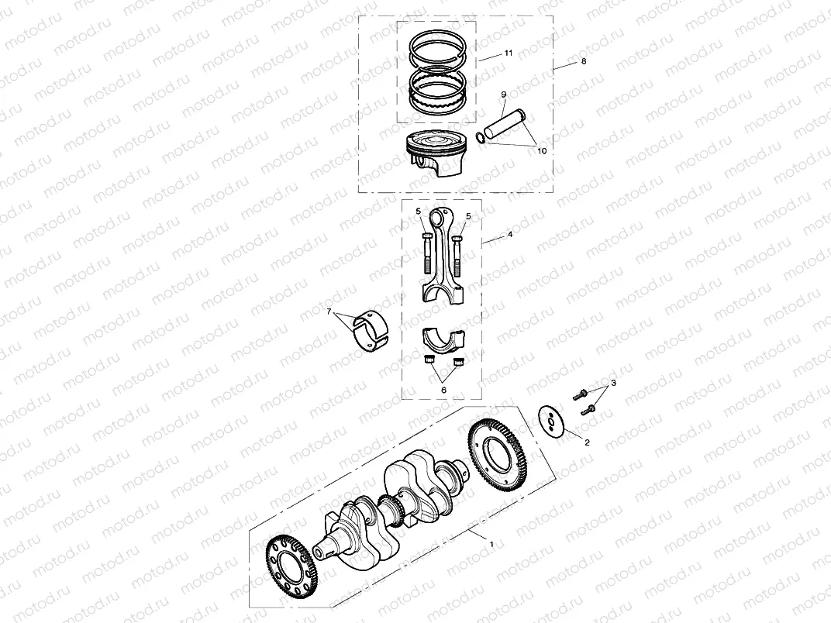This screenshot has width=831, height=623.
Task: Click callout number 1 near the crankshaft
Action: tap(491, 545)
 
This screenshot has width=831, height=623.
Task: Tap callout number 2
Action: tap(587, 442)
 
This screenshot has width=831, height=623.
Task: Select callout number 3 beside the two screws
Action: tap(613, 384)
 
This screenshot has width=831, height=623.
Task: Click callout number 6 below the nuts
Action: tap(443, 390)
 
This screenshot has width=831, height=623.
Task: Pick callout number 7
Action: tap(329, 312)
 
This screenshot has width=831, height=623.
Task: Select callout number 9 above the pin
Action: tap(503, 95)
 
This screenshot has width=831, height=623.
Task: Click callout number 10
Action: tap(541, 151)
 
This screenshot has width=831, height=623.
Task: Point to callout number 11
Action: tap(508, 53)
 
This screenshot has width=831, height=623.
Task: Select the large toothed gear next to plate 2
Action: tap(500, 456)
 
